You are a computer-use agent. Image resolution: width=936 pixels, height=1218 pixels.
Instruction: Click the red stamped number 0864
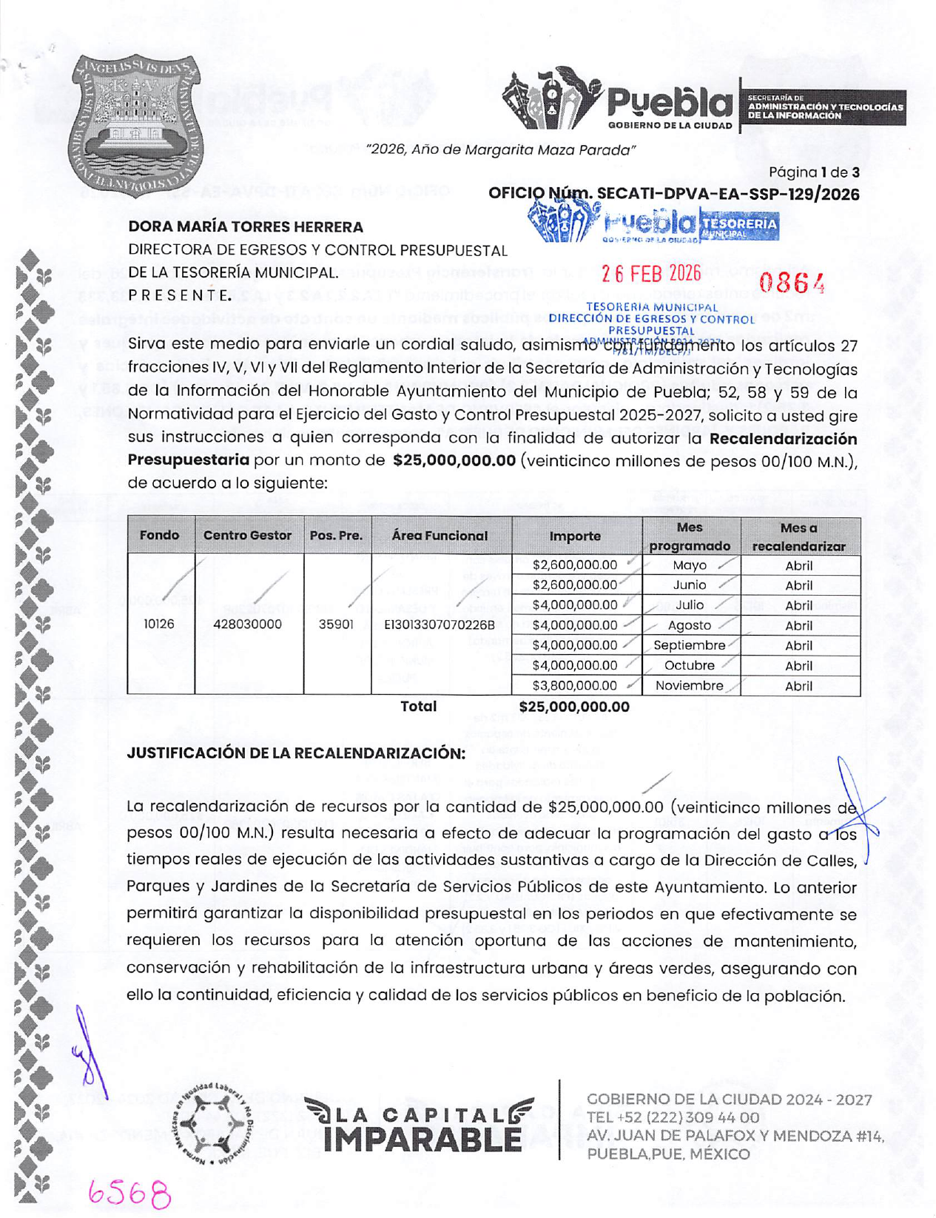[x=792, y=283]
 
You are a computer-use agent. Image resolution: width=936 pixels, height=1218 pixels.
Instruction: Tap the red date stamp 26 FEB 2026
[x=651, y=275]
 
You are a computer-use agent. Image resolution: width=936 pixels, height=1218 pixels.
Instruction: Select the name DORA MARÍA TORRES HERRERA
[x=246, y=227]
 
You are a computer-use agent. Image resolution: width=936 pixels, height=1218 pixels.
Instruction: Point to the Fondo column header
[x=160, y=535]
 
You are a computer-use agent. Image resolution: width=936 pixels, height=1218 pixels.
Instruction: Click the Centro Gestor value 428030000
[x=247, y=625]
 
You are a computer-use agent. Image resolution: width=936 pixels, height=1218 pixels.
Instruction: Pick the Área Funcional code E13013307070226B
[x=439, y=625]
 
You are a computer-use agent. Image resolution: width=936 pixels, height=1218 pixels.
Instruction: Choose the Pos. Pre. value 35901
[x=336, y=625]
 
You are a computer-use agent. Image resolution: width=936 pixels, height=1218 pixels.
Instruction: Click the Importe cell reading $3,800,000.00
[x=574, y=686]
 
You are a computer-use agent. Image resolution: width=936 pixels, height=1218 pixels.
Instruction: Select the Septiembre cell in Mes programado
[x=689, y=645]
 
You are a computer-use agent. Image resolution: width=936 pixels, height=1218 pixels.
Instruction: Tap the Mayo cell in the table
[x=689, y=565]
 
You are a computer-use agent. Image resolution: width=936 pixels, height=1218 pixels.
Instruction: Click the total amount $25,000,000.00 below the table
[x=574, y=707]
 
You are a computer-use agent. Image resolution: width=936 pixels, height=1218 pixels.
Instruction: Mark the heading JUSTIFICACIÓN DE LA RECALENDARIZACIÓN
[x=296, y=753]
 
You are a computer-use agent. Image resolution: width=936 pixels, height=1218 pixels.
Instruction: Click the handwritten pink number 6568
[x=129, y=1192]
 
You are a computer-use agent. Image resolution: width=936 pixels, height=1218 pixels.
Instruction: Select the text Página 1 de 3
[x=813, y=172]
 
